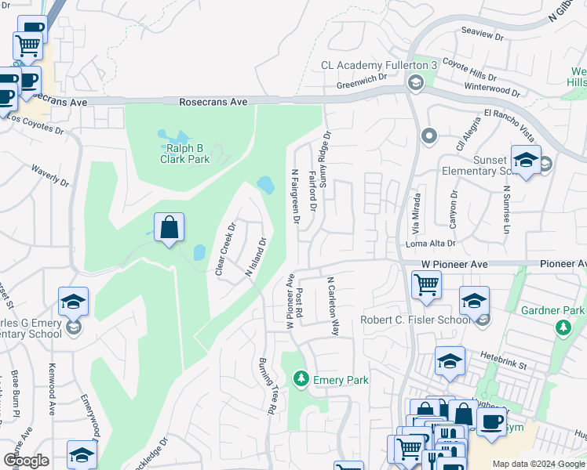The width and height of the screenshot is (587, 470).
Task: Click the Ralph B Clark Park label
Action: pos(188,153)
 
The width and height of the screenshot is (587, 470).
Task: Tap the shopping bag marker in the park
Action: pos(169,229)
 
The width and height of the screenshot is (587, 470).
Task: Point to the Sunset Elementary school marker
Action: pos(525,161)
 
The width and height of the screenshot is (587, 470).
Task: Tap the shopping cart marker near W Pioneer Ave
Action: pos(426,285)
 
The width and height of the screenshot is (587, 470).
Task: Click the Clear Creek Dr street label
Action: pos(226,250)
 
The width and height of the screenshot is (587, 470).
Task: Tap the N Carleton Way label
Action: pos(332,306)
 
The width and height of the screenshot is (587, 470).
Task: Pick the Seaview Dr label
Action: pos(482,35)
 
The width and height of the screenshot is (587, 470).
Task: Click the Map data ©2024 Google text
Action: pos(538,463)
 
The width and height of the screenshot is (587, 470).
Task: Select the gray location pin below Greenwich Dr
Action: pos(428,137)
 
